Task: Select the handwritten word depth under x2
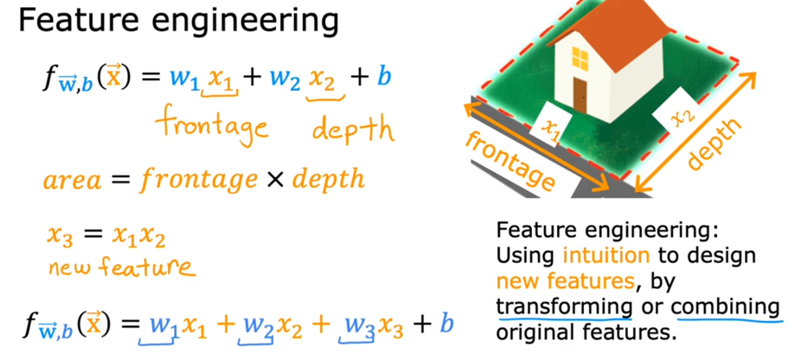pos(352,129)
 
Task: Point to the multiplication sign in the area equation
pos(275,180)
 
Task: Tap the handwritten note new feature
pos(121,267)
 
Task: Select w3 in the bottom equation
pos(362,325)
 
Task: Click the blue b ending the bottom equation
pos(446,325)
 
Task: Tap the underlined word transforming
pos(563,305)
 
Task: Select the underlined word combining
pos(725,305)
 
